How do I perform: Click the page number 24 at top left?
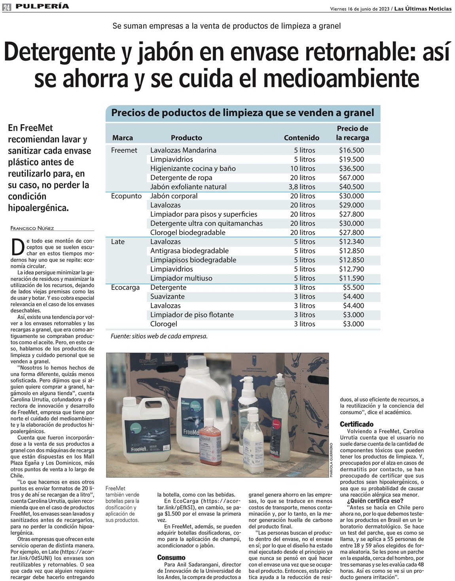tap(7, 7)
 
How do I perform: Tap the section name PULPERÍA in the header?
tap(42, 6)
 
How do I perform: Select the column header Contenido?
tap(301, 138)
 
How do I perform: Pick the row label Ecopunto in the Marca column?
tap(126, 196)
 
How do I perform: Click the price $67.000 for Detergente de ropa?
tap(351, 178)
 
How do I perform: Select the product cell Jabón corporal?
tap(174, 196)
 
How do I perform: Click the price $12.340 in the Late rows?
tap(351, 242)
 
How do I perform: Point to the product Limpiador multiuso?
tap(181, 278)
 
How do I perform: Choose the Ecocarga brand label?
tap(125, 288)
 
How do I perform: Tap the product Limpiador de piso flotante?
tap(192, 315)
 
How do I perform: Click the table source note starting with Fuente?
tap(159, 336)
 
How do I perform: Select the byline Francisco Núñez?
tap(32, 228)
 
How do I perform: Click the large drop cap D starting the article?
tap(17, 247)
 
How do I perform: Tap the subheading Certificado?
tap(356, 424)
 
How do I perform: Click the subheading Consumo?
tap(171, 558)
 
